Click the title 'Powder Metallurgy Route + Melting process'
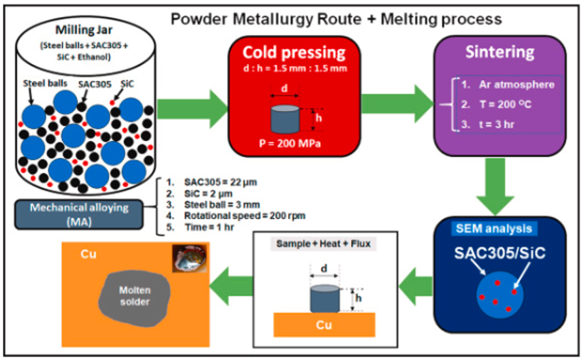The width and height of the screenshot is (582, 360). tap(336, 18)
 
